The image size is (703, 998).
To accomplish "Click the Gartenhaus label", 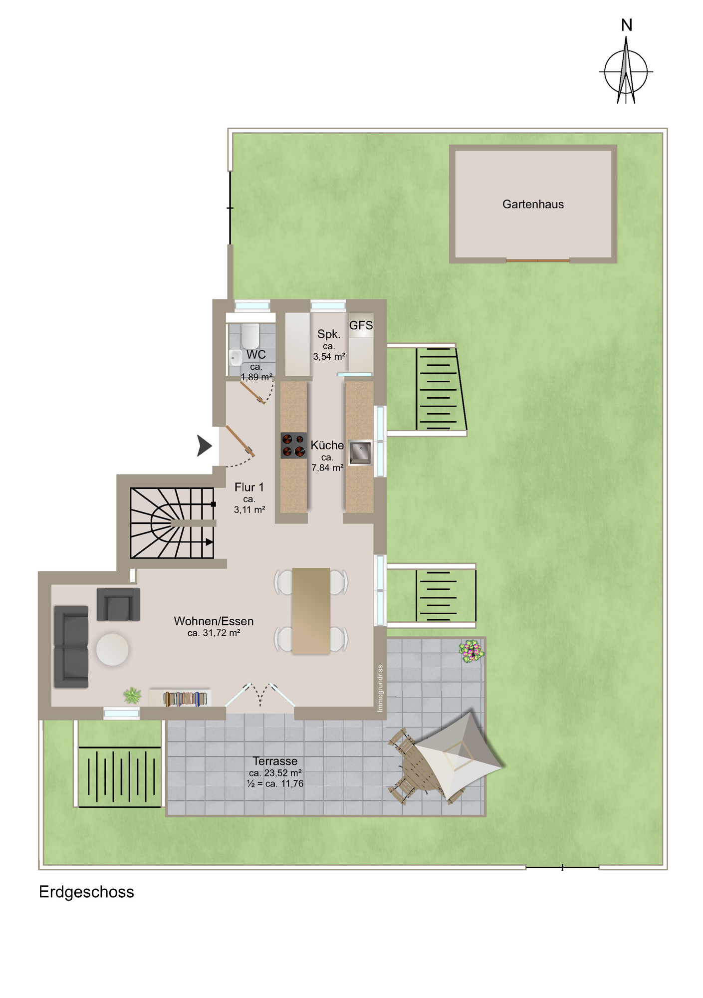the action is tap(533, 204).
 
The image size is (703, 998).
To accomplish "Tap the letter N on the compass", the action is tap(627, 25).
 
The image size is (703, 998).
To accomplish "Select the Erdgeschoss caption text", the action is tap(86, 892).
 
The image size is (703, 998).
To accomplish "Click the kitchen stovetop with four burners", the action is tap(293, 446).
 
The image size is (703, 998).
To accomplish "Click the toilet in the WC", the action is tap(250, 336).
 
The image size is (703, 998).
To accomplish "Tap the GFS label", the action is tap(361, 325).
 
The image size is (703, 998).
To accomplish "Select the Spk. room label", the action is tap(329, 334).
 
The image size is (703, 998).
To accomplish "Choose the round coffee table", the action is tap(112, 650).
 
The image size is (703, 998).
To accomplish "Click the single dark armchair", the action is tap(118, 604).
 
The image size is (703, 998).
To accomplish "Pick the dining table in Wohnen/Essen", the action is tap(311, 611).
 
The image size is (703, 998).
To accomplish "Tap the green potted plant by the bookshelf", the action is tap(132, 695).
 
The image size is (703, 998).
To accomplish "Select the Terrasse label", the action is tap(275, 761).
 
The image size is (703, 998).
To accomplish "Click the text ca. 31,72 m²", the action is tap(214, 633).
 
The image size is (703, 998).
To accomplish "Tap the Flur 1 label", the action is tap(249, 487).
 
